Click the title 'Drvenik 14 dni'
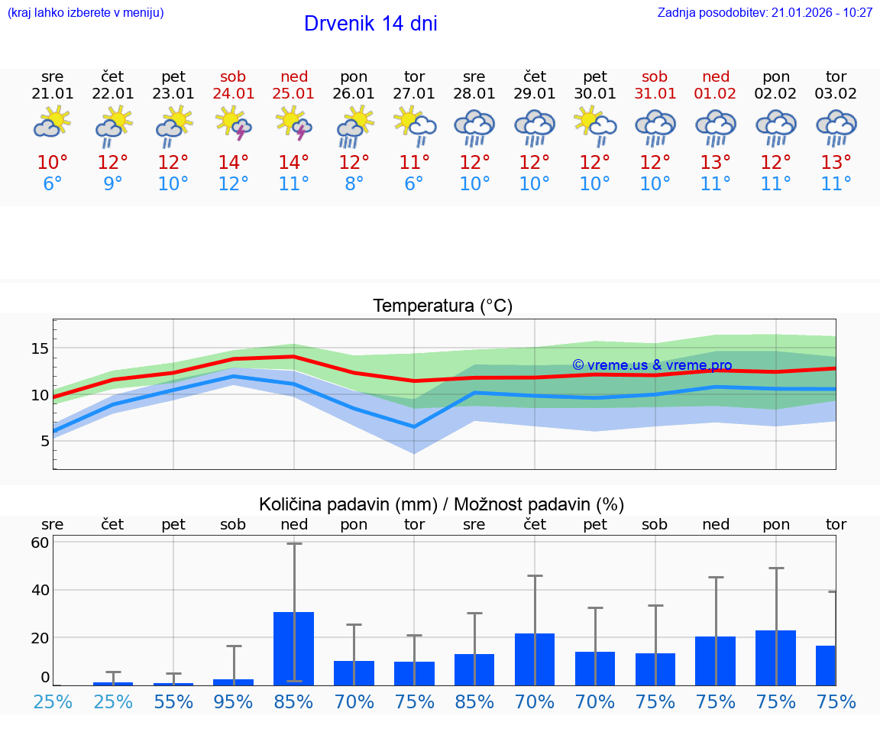tap(370, 24)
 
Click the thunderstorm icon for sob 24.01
tap(234, 124)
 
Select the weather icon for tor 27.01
tap(414, 124)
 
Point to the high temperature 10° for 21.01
tap(53, 163)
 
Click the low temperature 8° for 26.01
tap(354, 184)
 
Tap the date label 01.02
tap(716, 94)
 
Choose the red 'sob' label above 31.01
tap(655, 76)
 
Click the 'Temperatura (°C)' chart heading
tap(442, 306)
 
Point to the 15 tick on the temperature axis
tap(40, 348)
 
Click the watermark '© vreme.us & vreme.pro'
tap(652, 365)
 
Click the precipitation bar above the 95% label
tap(234, 682)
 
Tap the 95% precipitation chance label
tap(234, 702)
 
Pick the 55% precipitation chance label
tap(173, 702)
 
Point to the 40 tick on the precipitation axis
tap(40, 590)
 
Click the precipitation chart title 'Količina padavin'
tap(348, 504)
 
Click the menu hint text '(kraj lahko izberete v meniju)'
tap(86, 13)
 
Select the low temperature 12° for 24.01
tap(234, 184)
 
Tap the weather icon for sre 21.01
tap(53, 124)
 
